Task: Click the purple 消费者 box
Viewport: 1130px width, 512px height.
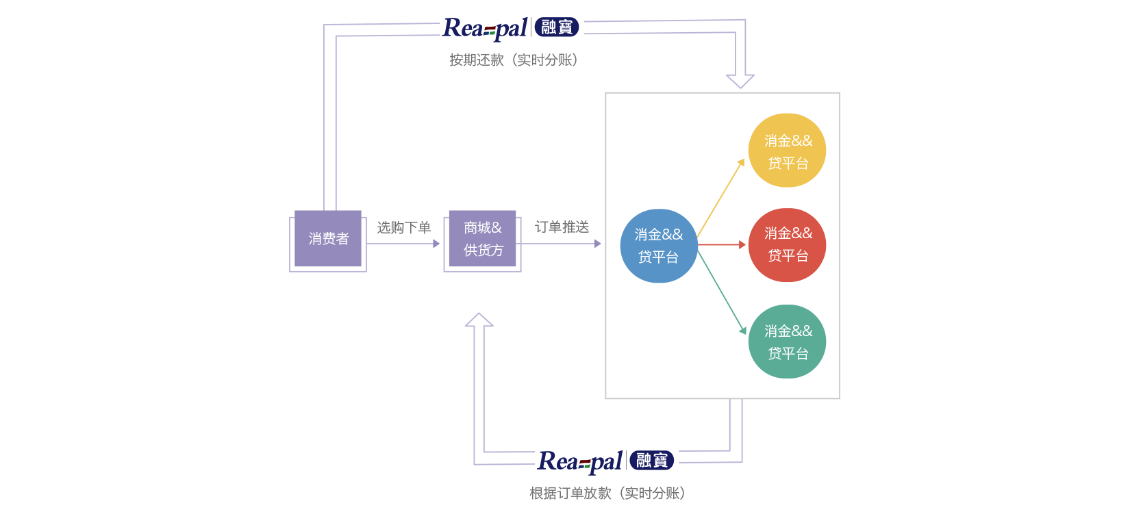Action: click(x=328, y=239)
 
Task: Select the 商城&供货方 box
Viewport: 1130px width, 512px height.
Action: click(x=482, y=239)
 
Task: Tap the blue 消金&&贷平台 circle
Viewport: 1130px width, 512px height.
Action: click(x=658, y=246)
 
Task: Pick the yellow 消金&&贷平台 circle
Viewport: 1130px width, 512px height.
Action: click(x=787, y=151)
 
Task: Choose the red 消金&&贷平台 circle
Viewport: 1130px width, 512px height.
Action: click(x=787, y=245)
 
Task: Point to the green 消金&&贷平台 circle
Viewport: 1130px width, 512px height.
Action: click(x=787, y=342)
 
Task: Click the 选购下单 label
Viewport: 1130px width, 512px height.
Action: click(x=404, y=227)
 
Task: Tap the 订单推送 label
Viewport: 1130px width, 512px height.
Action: click(x=562, y=227)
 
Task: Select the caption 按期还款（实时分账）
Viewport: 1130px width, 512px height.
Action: click(x=513, y=60)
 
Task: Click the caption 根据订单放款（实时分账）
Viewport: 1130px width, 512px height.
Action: click(x=607, y=493)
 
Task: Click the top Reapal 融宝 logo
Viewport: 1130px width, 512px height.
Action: click(x=512, y=27)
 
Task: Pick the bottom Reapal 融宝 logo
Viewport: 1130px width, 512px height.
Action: click(x=607, y=461)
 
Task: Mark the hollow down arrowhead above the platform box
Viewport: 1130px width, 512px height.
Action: click(x=740, y=81)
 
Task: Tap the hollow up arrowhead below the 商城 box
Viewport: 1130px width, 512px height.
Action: click(x=479, y=320)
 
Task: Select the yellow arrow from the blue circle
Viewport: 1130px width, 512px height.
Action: click(x=721, y=198)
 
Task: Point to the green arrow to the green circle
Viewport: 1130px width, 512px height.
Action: click(x=722, y=290)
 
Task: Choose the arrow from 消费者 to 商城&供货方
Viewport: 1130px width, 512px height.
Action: click(x=404, y=244)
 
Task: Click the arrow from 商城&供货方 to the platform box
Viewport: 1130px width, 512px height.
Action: click(x=562, y=244)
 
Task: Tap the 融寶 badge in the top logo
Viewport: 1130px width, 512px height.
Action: click(x=556, y=27)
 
